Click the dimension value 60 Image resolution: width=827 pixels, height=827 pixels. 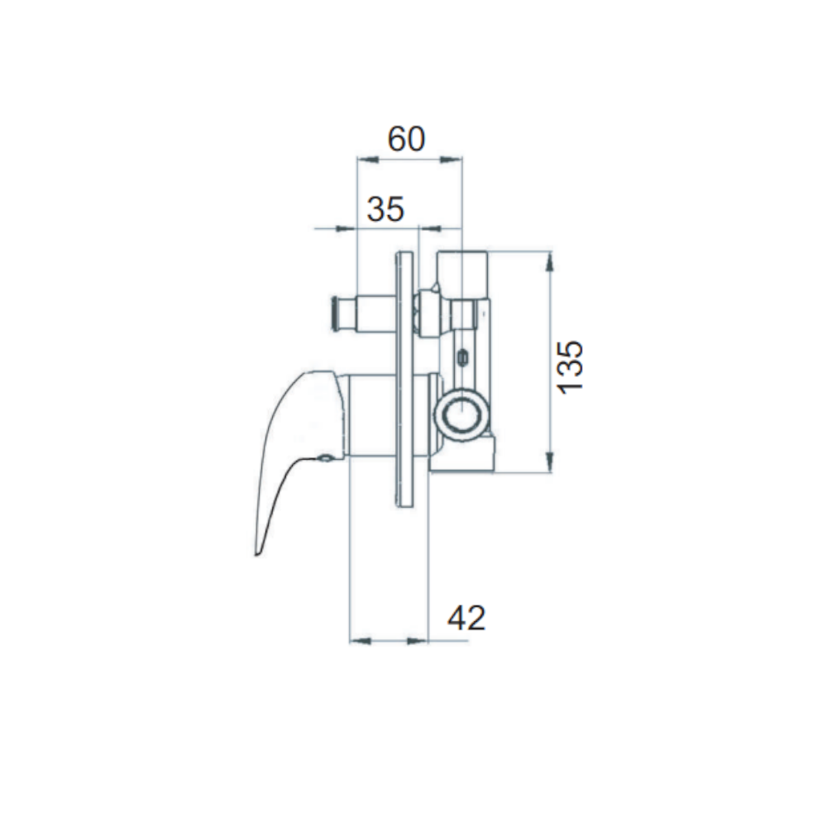pyautogui.click(x=406, y=139)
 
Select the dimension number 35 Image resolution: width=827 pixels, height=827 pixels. pyautogui.click(x=385, y=209)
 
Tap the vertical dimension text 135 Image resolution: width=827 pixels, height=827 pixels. pyautogui.click(x=571, y=367)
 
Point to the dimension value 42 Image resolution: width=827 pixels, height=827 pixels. pyautogui.click(x=466, y=618)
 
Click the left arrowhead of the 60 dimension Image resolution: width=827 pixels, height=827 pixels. pyautogui.click(x=368, y=160)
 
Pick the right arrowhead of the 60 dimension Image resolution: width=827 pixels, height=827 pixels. pyautogui.click(x=452, y=160)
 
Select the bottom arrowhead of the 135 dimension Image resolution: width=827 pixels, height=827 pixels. pyautogui.click(x=550, y=462)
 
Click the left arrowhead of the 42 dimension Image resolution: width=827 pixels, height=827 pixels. pyautogui.click(x=361, y=641)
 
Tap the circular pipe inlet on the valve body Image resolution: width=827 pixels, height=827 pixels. pyautogui.click(x=463, y=410)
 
